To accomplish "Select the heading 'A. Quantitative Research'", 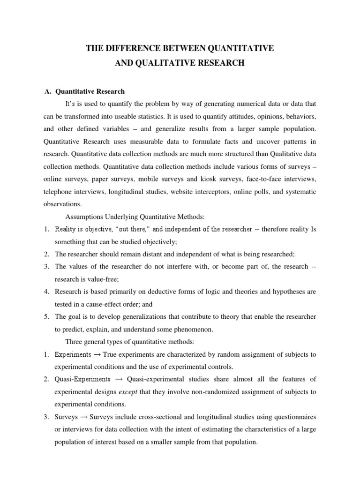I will click(84, 91).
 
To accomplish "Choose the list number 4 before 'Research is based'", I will click(47, 292).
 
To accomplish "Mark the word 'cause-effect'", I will click(105, 304).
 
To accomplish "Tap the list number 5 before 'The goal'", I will click(47, 317).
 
